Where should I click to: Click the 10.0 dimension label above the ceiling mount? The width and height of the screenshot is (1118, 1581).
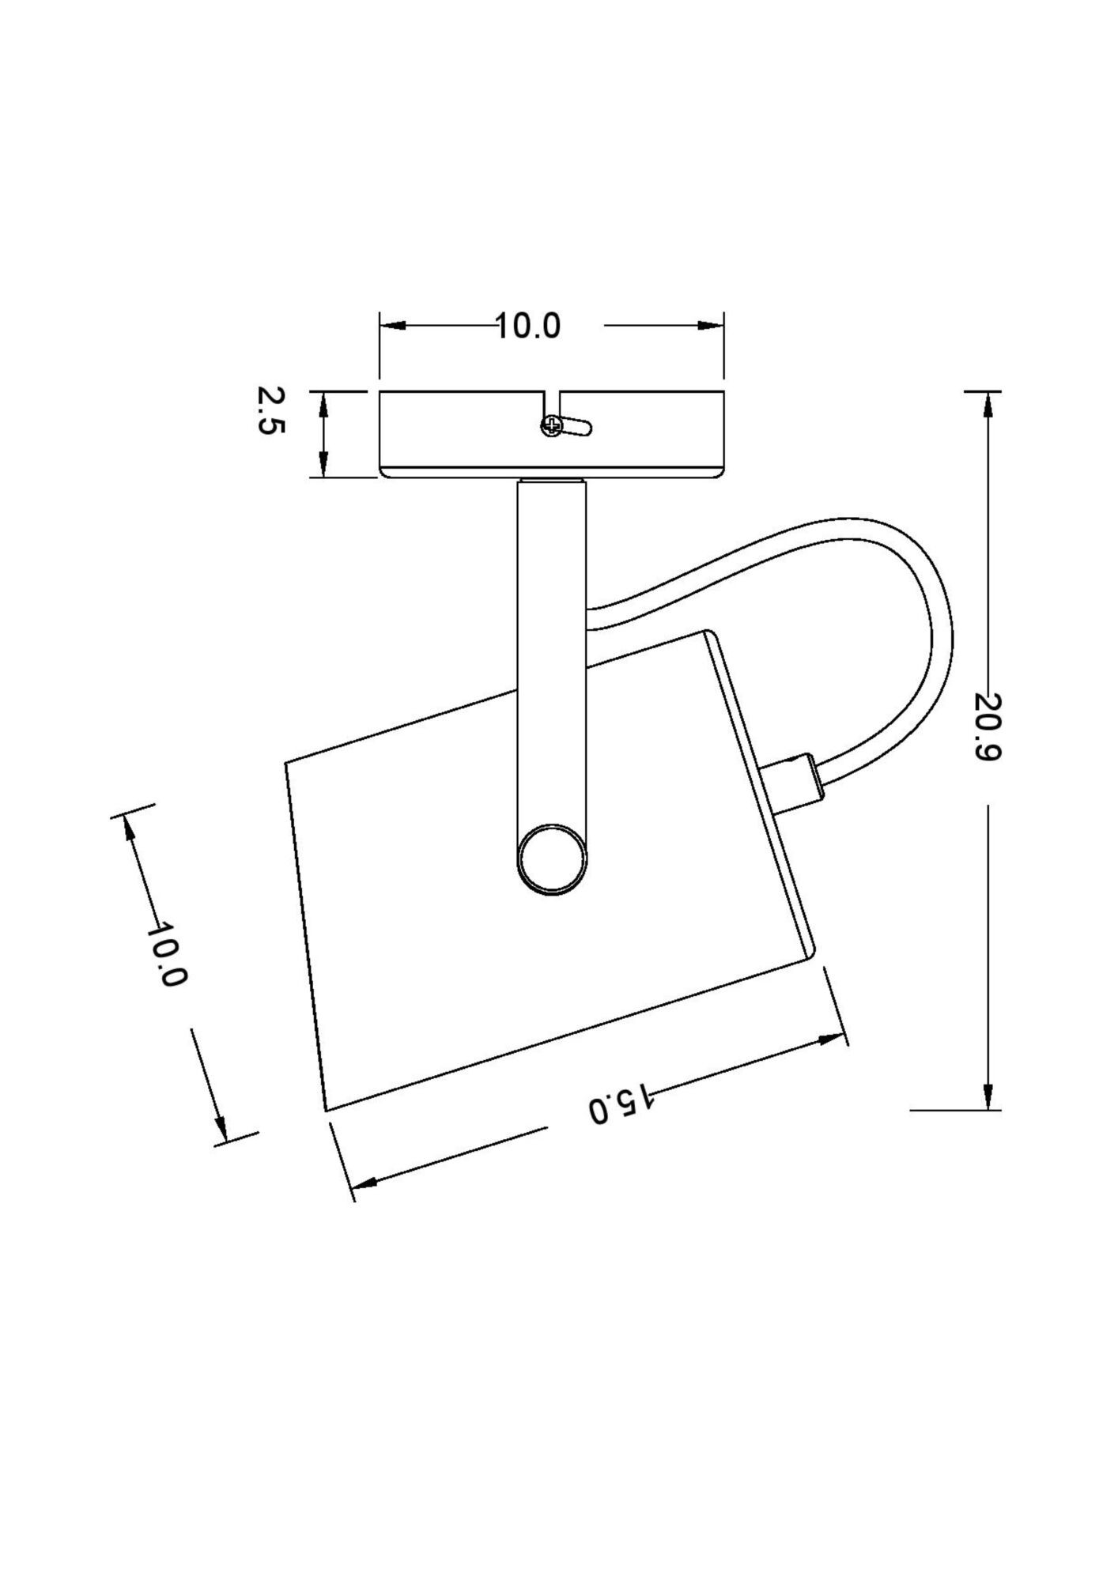[527, 326]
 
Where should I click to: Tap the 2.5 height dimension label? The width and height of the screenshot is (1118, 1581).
[270, 410]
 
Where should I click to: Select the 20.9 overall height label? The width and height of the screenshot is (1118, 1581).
[988, 726]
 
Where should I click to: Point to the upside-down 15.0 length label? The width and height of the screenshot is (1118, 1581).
[621, 1103]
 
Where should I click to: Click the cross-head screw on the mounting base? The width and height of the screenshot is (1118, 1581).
[551, 427]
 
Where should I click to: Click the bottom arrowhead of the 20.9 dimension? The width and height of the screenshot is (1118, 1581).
[988, 1096]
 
